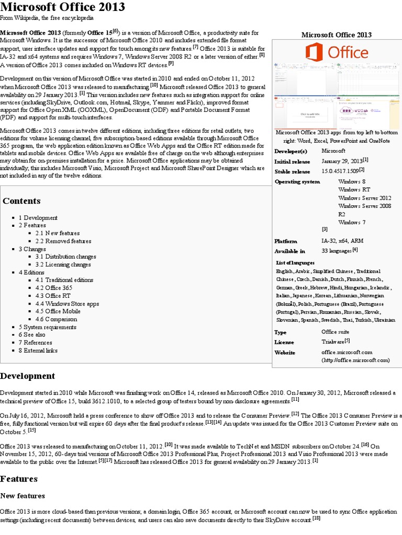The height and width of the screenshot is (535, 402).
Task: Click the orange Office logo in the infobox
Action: [337, 52]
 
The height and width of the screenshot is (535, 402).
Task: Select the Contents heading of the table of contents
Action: [21, 201]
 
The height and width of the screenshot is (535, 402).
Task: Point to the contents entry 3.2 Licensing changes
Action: [63, 264]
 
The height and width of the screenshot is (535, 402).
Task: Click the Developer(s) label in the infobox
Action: [291, 151]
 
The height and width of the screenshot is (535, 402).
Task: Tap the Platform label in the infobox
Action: [286, 241]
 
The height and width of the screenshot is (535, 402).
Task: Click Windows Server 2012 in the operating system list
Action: [364, 198]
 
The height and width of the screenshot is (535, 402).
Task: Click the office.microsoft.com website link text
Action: [347, 353]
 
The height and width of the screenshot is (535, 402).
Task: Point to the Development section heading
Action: [27, 376]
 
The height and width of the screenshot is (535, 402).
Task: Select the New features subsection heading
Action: [23, 496]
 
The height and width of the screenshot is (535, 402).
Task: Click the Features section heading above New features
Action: [19, 479]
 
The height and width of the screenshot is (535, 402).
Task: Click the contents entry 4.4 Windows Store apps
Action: [67, 304]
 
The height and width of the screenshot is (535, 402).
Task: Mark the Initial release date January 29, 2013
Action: [342, 161]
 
